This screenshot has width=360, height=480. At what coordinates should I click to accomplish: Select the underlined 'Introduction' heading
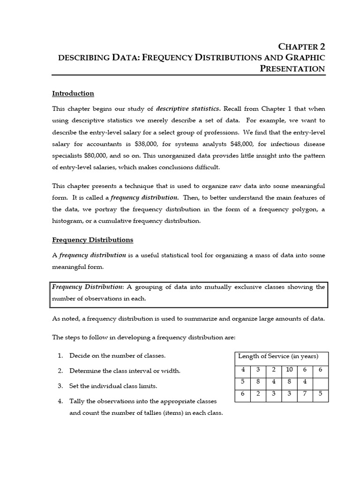pyautogui.click(x=73, y=93)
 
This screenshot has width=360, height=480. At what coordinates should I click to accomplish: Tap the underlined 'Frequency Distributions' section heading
pyautogui.click(x=92, y=240)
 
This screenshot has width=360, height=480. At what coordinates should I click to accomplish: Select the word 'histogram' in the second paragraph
pyautogui.click(x=67, y=220)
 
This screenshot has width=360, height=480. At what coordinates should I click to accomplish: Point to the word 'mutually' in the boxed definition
pyautogui.click(x=227, y=287)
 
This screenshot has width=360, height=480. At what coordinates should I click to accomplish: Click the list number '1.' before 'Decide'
pyautogui.click(x=60, y=355)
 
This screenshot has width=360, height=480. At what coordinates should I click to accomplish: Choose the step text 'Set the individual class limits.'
pyautogui.click(x=113, y=386)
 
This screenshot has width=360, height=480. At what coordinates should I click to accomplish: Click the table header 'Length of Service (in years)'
pyautogui.click(x=278, y=356)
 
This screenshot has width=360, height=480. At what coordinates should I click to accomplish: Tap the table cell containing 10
pyautogui.click(x=289, y=369)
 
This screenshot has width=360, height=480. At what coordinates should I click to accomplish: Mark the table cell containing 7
pyautogui.click(x=305, y=393)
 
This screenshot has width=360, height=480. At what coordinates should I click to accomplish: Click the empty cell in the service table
pyautogui.click(x=320, y=381)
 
